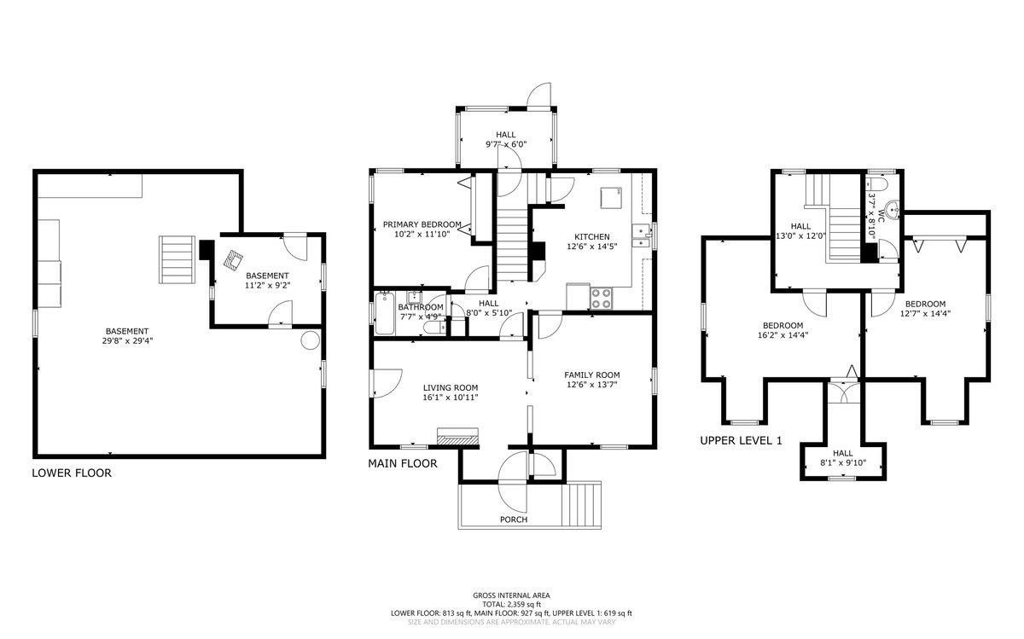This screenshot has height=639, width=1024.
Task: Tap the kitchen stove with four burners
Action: coord(601,299)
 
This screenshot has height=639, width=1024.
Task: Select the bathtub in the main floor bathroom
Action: coord(382,315)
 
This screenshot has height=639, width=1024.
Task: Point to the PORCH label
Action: coord(514,520)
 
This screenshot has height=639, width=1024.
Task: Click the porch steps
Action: coord(584,505)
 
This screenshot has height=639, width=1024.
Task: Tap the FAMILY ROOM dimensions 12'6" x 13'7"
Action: coord(591,385)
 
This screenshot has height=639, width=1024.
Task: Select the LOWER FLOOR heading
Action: coord(71,473)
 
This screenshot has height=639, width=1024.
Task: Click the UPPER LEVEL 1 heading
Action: coord(741,441)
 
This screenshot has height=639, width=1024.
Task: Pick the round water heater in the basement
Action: coord(311,340)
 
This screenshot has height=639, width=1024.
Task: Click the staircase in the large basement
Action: coord(177,259)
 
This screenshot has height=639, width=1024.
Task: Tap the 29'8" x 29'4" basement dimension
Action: coord(128,341)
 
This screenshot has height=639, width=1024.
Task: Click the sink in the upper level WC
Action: coord(893,210)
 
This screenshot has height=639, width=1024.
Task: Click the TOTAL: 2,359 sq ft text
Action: coord(512,604)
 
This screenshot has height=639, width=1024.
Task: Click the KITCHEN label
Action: coord(591,237)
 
